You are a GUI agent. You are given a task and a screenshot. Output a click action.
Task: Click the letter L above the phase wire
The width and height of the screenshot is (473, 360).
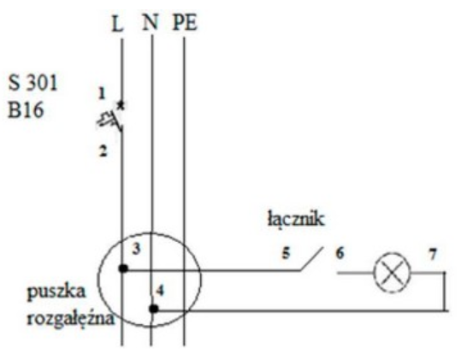[117, 24]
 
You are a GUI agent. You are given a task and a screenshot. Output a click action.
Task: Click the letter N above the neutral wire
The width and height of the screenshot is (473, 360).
[151, 22]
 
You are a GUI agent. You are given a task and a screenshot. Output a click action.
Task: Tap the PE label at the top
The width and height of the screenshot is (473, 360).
[185, 23]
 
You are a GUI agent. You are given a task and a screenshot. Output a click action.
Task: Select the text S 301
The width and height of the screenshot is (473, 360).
[33, 83]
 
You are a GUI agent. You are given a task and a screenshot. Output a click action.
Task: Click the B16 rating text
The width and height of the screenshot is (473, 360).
[26, 109]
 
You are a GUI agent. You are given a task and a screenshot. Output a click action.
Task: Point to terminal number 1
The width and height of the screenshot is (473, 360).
[103, 93]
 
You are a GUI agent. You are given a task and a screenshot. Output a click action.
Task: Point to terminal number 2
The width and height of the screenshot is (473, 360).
[103, 150]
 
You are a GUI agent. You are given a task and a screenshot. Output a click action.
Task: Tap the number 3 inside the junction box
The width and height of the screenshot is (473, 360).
[137, 249]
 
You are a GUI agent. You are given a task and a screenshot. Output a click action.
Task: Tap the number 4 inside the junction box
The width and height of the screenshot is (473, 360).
[160, 291]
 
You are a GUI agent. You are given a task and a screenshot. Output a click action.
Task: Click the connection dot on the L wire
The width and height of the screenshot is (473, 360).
[123, 268]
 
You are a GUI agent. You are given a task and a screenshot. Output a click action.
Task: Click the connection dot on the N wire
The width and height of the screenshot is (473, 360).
[154, 309]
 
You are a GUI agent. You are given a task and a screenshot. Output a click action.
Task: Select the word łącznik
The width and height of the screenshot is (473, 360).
[296, 219]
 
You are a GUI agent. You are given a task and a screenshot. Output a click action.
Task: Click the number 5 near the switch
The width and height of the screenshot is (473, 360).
[286, 253]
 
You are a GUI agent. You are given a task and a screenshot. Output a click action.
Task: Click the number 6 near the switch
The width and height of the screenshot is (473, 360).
[340, 253]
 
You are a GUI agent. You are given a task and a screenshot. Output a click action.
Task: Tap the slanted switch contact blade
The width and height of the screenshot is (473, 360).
[311, 259]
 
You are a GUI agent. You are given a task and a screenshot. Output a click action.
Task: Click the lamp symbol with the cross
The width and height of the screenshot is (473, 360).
[392, 273]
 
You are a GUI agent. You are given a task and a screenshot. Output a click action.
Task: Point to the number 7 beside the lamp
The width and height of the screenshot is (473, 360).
[433, 255]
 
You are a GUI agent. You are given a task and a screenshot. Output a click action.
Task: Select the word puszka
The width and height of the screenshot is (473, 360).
[56, 292]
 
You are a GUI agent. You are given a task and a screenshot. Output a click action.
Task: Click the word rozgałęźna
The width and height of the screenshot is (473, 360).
[71, 319]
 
